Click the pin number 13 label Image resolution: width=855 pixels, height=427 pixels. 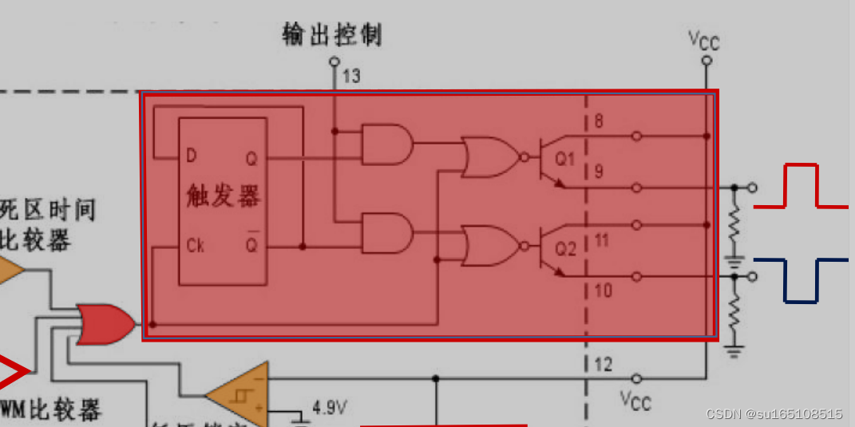click(352, 77)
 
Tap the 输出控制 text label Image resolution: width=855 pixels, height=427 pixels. click(332, 34)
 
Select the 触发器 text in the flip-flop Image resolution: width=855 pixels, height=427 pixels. click(223, 196)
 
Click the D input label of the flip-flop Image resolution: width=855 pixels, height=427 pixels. click(192, 155)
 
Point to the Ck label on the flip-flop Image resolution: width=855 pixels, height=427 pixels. click(195, 244)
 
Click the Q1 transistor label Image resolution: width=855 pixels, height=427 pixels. click(565, 159)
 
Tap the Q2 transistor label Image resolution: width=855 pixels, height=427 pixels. click(565, 249)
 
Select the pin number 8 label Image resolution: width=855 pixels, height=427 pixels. click(599, 122)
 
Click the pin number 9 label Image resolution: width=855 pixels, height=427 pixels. click(599, 170)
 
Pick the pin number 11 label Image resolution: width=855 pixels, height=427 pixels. click(602, 239)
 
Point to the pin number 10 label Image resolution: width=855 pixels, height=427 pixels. click(604, 290)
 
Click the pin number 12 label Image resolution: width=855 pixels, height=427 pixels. click(604, 365)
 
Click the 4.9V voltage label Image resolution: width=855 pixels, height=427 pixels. click(329, 408)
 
